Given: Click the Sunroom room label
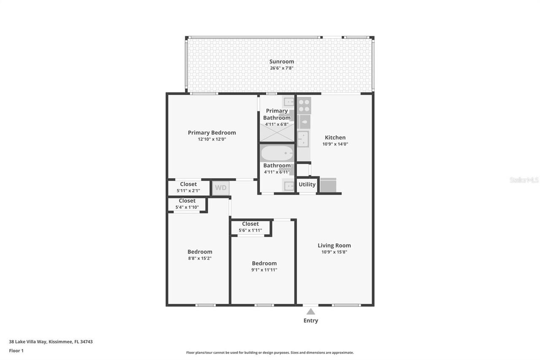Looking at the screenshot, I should (281, 62).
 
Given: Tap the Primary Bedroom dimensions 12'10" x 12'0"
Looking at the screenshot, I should (212, 139).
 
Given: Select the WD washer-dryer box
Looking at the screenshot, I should (221, 188).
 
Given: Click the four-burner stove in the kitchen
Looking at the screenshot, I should (304, 105).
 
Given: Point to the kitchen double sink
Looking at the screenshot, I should (303, 139).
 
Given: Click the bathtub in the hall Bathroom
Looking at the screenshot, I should (277, 152).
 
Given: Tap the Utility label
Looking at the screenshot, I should (307, 184).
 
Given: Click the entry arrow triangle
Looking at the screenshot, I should (310, 311).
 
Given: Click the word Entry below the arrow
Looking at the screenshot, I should (310, 321).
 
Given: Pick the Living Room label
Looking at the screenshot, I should (334, 246).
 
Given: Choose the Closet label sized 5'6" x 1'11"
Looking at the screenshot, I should (250, 224).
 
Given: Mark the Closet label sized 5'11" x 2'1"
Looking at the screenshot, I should (188, 184).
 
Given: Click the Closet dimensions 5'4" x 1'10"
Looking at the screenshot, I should (187, 207).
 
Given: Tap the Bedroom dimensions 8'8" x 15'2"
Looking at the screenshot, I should (200, 258).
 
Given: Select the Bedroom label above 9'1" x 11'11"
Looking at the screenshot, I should (264, 263).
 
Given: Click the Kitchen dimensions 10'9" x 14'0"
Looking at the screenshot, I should (335, 144).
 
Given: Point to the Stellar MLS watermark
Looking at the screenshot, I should (524, 180).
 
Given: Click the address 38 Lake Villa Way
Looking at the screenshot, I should (51, 342).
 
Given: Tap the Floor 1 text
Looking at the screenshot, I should (16, 351).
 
